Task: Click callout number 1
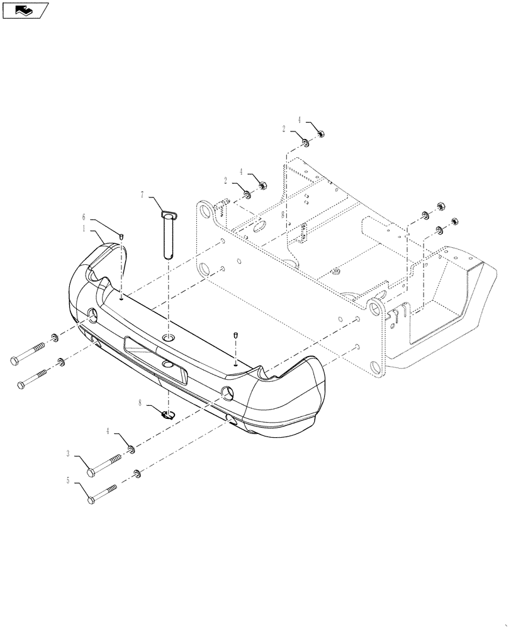point(84,230)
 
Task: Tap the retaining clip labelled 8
point(168,415)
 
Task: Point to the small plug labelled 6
point(121,237)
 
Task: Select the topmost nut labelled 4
point(320,133)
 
